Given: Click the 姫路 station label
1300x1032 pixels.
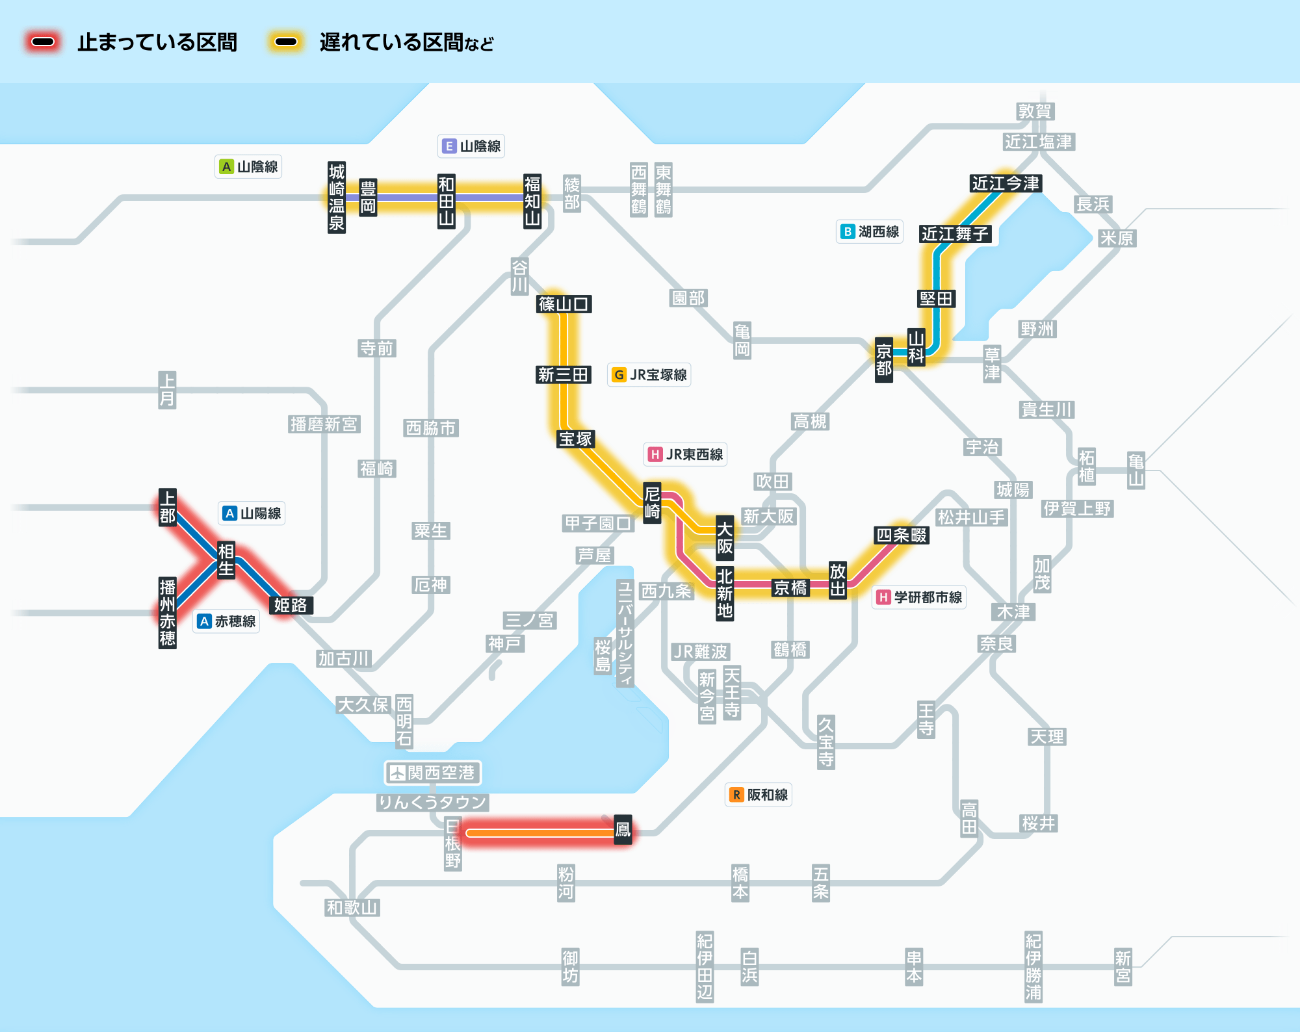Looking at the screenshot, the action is [x=291, y=605].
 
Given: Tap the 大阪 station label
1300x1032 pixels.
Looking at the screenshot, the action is [x=725, y=537].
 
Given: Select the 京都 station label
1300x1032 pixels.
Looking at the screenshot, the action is [x=884, y=360].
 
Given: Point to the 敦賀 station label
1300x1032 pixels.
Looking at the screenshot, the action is [x=1035, y=111].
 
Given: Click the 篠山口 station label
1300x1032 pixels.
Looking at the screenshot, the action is [x=564, y=303].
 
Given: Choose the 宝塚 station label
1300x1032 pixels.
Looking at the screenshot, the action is [x=576, y=439].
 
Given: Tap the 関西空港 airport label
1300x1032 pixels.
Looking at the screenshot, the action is [x=433, y=773].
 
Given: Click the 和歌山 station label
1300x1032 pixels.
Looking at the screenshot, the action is [x=352, y=907].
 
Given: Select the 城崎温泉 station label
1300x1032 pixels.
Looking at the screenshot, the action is [x=337, y=198].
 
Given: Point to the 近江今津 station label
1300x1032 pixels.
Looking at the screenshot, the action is [x=1006, y=183].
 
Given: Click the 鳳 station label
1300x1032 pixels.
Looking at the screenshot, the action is [x=623, y=829].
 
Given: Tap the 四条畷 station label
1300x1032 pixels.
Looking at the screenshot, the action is [x=902, y=535].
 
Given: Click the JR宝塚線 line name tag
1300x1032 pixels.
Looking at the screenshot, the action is [x=649, y=375].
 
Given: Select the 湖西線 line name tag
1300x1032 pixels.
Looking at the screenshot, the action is [x=870, y=231].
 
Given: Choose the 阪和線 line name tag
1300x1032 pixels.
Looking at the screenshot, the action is [x=759, y=795].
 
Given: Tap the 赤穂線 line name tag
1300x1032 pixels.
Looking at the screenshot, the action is [x=226, y=621].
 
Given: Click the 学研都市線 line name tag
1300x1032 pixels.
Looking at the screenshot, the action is [x=919, y=597].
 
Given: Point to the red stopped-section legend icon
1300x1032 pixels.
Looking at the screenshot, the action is [x=43, y=42].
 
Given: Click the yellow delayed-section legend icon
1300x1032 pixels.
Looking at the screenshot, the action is [x=286, y=42].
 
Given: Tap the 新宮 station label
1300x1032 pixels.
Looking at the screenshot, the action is [x=1123, y=966].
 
